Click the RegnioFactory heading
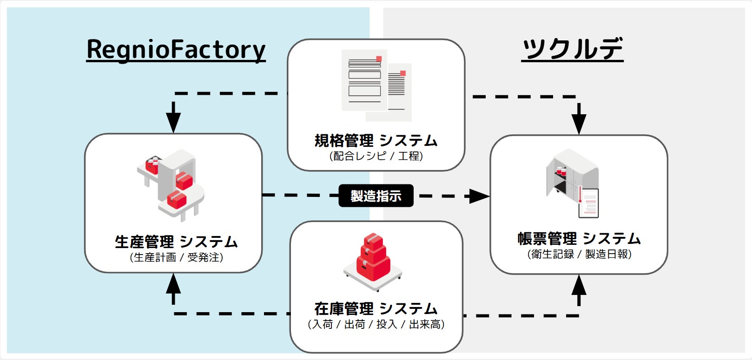click(x=176, y=50)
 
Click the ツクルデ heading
click(x=573, y=49)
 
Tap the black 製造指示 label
click(x=376, y=196)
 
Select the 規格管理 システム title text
click(x=376, y=141)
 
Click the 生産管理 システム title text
click(x=176, y=242)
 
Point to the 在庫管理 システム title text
click(x=376, y=308)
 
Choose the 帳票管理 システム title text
click(x=579, y=239)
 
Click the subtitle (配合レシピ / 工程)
click(x=376, y=156)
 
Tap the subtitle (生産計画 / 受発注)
click(x=176, y=257)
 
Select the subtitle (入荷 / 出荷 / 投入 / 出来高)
click(x=376, y=324)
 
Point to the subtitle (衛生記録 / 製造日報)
click(x=579, y=254)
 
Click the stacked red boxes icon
click(x=373, y=262)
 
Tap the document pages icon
click(x=376, y=85)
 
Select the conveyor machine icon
click(x=171, y=185)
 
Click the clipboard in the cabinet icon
click(x=588, y=203)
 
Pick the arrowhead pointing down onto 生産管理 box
click(x=173, y=123)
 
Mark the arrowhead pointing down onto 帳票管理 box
click(x=579, y=124)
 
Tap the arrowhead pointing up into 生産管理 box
click(x=173, y=283)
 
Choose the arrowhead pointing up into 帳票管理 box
click(x=579, y=285)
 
